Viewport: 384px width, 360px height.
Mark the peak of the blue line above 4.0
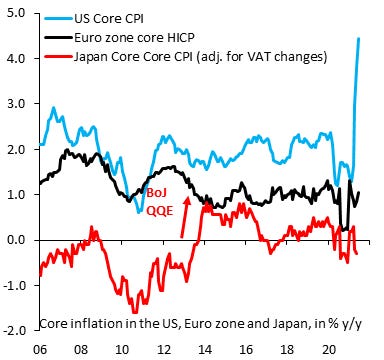tap(359, 39)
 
